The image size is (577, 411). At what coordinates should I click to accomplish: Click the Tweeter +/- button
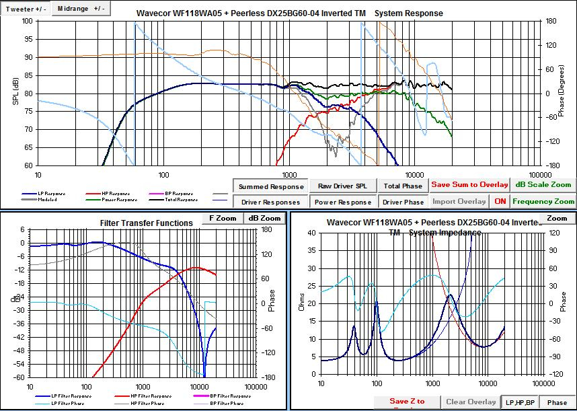26,9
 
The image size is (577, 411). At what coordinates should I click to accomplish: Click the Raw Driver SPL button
342,186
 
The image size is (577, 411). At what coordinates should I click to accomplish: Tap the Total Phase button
403,186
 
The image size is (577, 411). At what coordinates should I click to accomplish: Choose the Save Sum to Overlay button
469,184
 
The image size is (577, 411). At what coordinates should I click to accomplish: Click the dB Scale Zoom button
543,184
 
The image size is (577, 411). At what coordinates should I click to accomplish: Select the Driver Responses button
270,202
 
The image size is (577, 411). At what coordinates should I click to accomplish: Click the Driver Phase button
403,202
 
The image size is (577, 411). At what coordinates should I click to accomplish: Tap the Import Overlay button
459,201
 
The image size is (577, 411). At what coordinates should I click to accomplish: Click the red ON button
500,201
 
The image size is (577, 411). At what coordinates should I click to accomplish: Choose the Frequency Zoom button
543,201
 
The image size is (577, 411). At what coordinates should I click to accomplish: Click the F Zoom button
223,219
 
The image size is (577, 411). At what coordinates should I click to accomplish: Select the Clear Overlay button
471,402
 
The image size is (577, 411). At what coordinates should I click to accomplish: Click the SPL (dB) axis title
15,93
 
